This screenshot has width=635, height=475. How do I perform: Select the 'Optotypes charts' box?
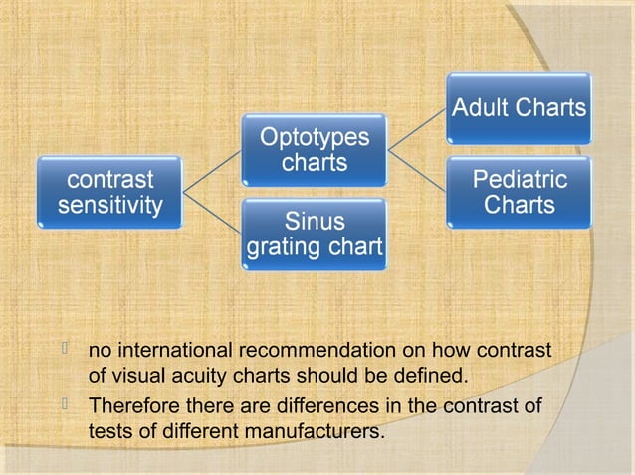(x=315, y=150)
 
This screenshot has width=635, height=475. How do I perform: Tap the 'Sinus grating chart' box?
(x=315, y=233)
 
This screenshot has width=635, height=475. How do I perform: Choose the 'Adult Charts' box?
(x=519, y=108)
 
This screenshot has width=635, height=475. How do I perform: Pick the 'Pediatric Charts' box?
(x=519, y=192)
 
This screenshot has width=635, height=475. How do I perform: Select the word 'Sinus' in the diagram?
(x=315, y=220)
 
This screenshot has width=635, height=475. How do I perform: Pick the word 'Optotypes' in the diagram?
(x=315, y=138)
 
